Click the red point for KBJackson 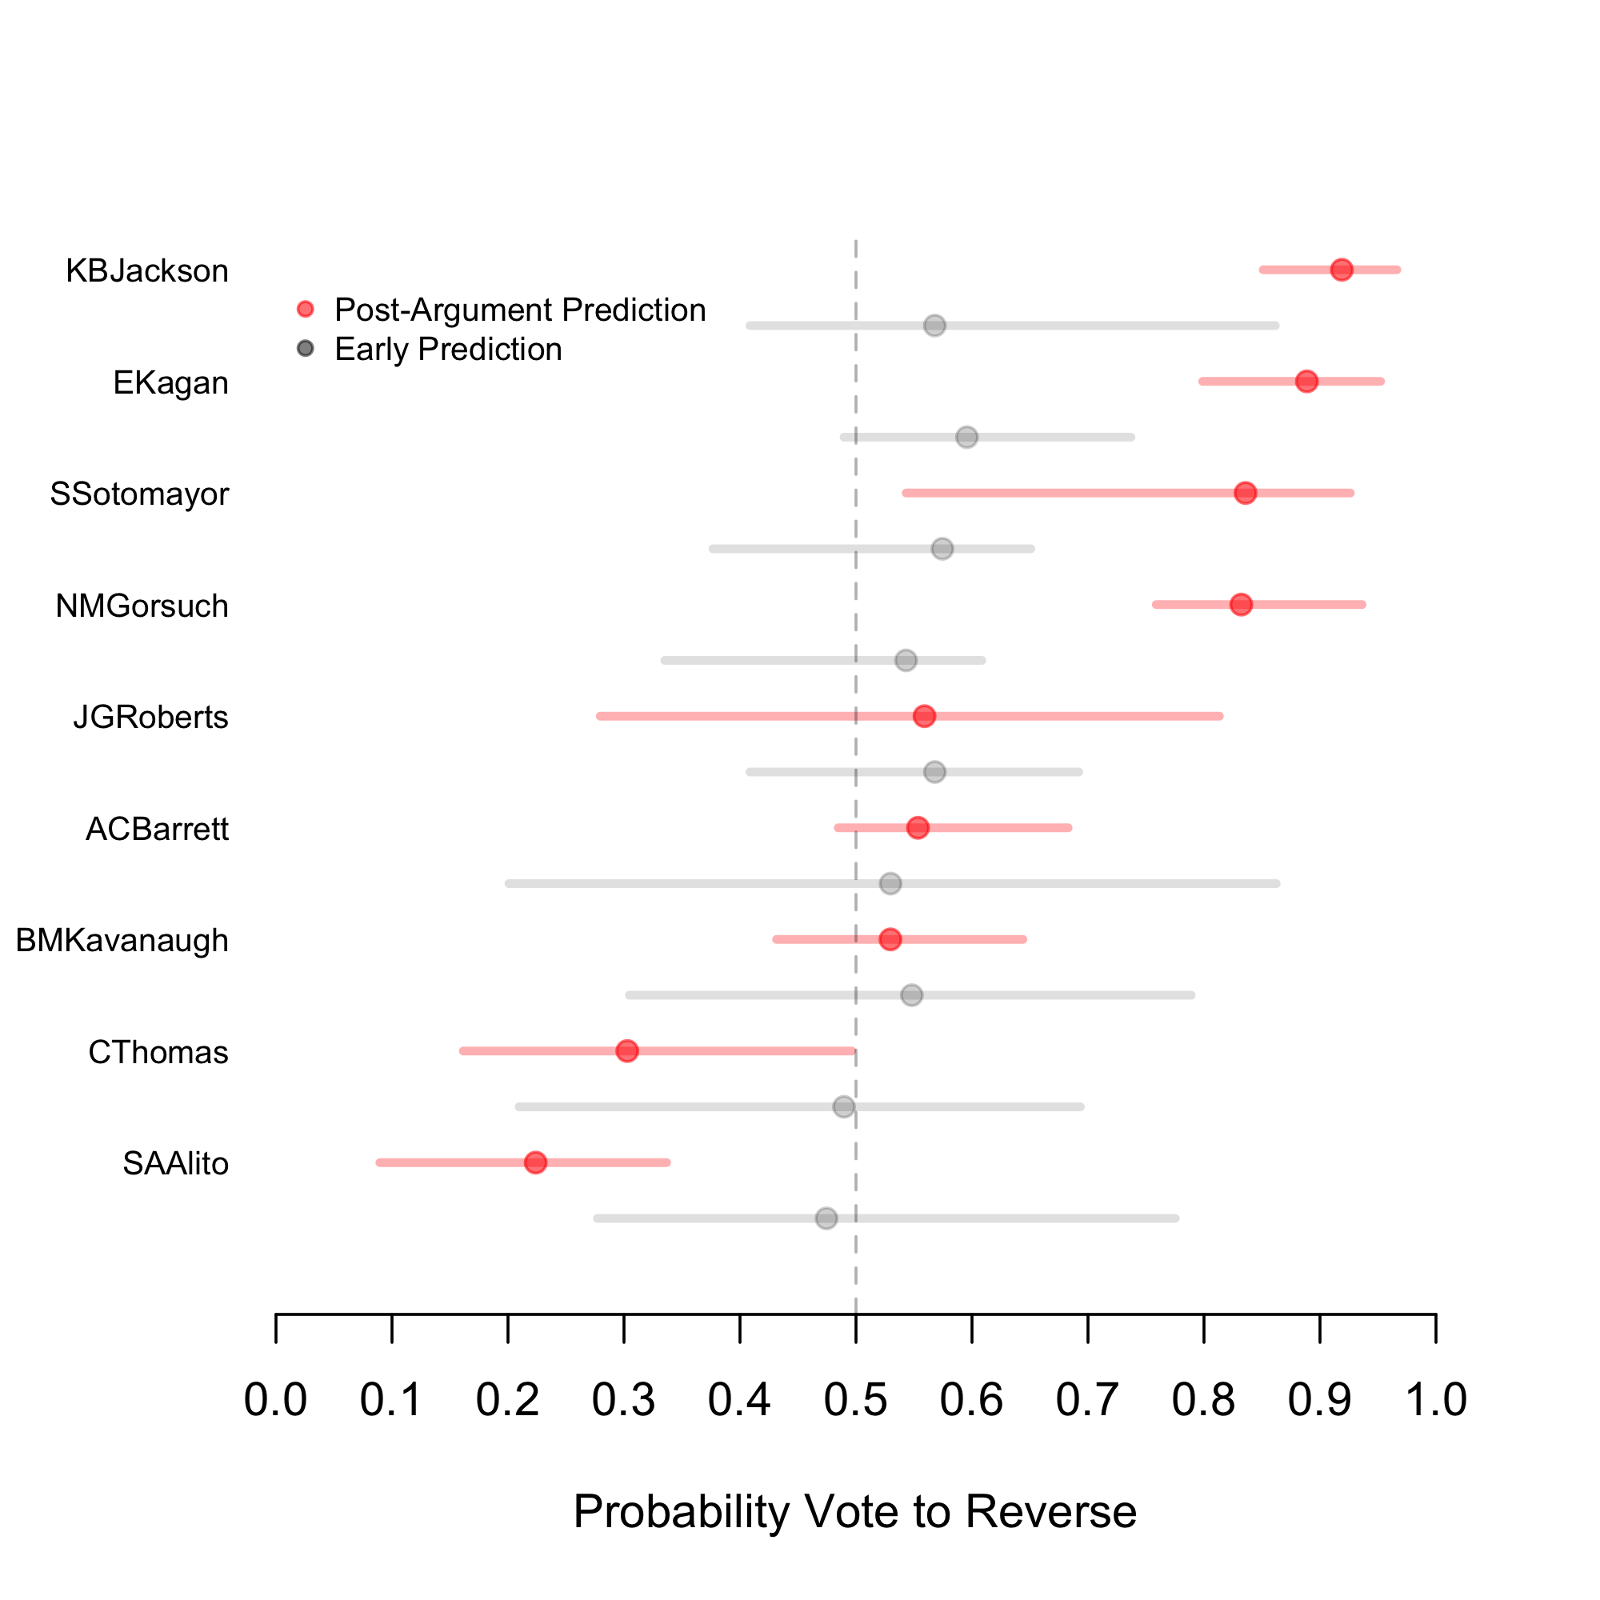point(1342,270)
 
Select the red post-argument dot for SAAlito point(536,1162)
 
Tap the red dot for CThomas point(627,1051)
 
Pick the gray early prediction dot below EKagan point(966,438)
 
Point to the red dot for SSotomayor point(1245,493)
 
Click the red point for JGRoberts point(924,716)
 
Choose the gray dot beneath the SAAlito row point(826,1218)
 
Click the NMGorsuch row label point(142,606)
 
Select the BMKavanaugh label point(122,941)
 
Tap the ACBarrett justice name point(157,829)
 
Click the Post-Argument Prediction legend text point(520,310)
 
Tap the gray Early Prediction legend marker point(306,349)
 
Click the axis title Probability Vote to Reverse point(854,1511)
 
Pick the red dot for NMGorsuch point(1241,605)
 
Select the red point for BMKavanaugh point(890,939)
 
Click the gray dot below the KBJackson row point(935,326)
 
